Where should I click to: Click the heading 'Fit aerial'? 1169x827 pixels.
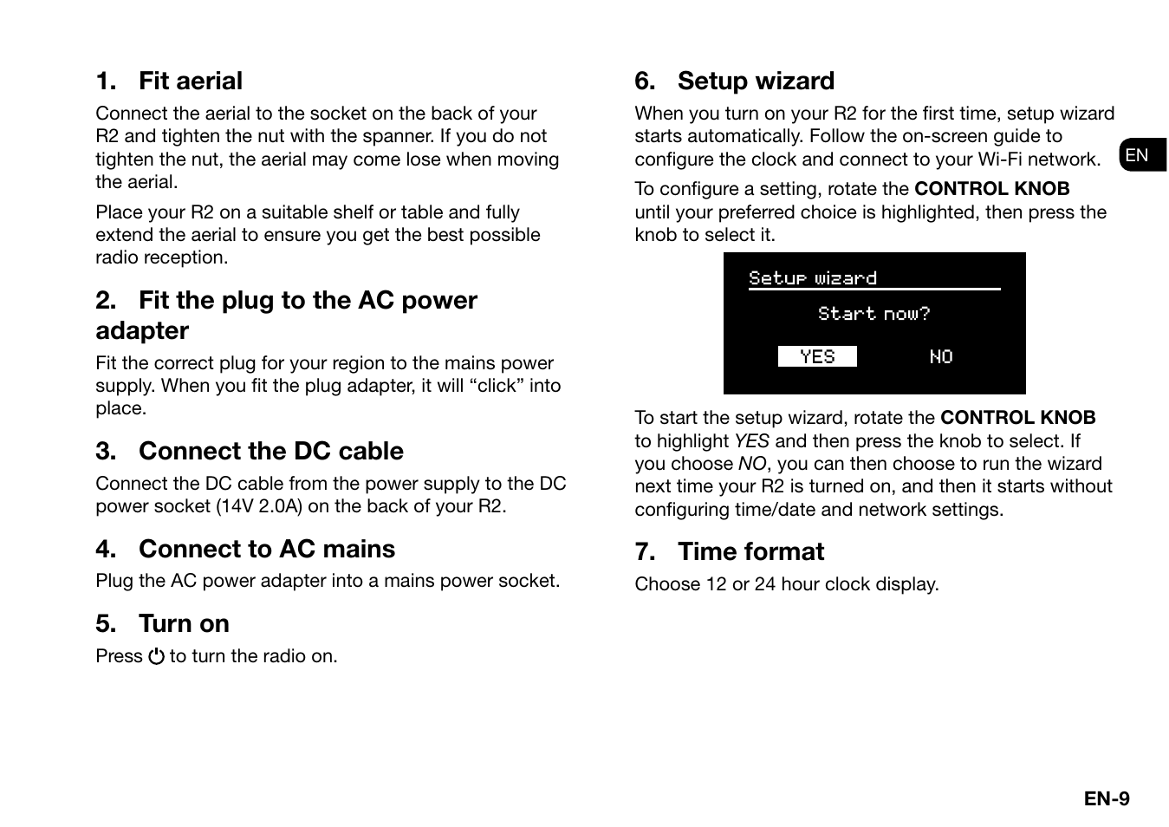click(190, 81)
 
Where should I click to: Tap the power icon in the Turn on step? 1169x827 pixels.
click(156, 657)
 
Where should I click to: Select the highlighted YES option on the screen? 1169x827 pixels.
click(816, 357)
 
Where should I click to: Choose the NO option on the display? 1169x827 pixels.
click(940, 357)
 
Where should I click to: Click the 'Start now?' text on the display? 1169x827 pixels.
click(874, 314)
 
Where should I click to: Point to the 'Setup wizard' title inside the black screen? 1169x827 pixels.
click(812, 278)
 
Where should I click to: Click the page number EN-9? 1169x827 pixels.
click(1106, 799)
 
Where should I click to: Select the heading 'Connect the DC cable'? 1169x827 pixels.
click(270, 452)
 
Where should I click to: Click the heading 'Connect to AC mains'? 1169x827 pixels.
click(266, 550)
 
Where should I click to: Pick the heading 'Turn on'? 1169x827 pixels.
click(184, 624)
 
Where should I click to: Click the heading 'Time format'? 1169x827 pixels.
click(750, 552)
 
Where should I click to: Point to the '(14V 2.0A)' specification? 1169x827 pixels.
click(259, 506)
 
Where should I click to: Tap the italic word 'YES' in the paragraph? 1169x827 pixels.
click(751, 441)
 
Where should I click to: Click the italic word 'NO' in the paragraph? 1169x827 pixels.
click(751, 464)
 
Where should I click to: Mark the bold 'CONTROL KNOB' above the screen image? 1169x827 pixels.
click(991, 189)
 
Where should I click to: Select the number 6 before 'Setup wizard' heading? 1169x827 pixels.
click(643, 81)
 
